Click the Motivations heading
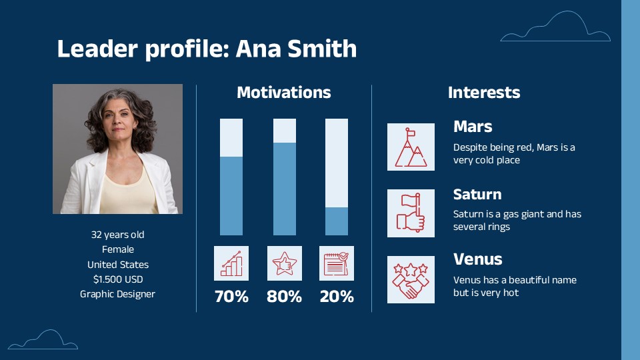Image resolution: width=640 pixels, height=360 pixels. (284, 92)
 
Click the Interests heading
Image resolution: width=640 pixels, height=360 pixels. (484, 92)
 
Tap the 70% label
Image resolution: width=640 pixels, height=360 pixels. (231, 296)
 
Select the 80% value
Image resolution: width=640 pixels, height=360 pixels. (284, 296)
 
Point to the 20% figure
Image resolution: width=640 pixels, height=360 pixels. (337, 296)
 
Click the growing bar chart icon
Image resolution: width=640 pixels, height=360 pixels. (231, 263)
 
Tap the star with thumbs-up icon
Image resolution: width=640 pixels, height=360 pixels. (285, 263)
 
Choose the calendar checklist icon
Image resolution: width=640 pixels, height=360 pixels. (337, 263)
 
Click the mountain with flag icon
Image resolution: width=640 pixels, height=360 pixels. (411, 147)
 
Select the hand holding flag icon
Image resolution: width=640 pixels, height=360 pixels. (411, 213)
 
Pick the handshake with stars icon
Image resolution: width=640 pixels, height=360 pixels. (411, 279)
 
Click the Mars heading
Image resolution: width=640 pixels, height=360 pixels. (473, 127)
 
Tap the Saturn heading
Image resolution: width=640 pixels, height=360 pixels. (477, 194)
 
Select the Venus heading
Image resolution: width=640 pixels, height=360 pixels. (477, 259)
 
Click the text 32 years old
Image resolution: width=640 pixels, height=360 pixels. (117, 235)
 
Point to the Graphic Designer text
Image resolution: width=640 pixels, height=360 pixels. (117, 294)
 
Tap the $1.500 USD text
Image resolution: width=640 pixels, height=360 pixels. (118, 279)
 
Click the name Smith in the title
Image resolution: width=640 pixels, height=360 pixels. (322, 49)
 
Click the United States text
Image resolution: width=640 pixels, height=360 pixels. (118, 265)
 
